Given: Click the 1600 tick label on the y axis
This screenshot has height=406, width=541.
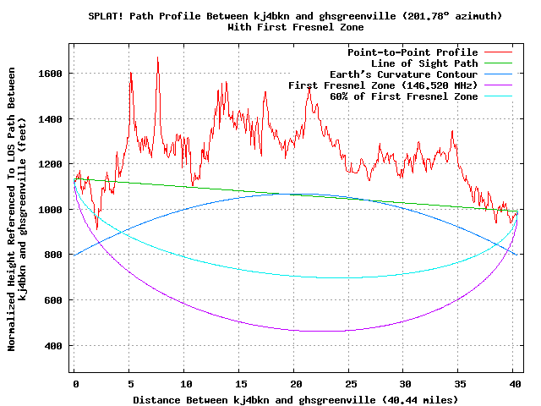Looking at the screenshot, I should coord(51,74).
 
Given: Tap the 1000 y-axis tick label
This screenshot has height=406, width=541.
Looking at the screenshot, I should coord(51,210).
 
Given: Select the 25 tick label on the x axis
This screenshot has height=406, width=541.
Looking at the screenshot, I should coord(348,382).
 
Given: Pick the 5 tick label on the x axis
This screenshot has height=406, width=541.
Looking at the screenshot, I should coord(129,382).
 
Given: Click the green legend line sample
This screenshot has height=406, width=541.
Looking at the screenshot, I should coord(500,63).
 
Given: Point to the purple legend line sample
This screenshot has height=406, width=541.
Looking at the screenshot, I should coord(500,85).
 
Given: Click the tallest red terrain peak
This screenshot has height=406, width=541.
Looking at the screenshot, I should coord(157,58).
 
